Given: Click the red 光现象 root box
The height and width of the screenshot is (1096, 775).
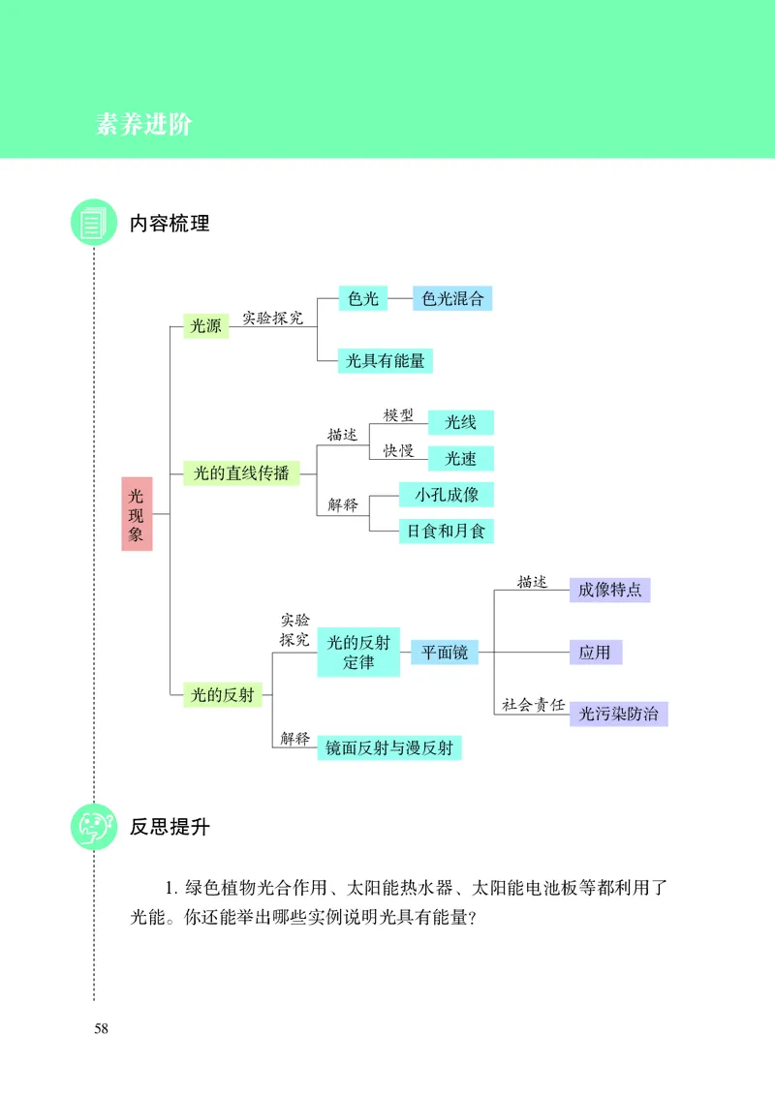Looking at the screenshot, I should coord(137,513).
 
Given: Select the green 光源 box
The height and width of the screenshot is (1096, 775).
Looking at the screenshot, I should coord(205,326).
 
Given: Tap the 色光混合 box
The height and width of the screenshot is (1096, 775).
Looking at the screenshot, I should coord(452,298).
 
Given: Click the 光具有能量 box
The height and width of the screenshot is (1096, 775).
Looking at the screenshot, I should coord(386,360).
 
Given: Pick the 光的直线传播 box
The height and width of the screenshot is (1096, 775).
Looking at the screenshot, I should coord(241,473).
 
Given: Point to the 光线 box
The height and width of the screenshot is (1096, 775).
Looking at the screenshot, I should coord(460,422).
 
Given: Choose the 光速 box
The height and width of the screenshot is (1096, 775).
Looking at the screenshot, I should coord(460,459).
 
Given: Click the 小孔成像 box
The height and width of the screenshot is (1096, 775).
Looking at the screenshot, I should coord(447,494).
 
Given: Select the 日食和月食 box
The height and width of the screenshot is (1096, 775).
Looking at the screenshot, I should coord(447,531).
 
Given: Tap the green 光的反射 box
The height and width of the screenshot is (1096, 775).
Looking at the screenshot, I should coord(223,694).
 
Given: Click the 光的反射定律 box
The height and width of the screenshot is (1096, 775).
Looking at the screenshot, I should coord(358,652).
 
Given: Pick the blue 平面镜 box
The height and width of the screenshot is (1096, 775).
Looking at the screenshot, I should coord(445,652).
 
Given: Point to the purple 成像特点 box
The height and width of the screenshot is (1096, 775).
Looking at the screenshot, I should coord(609,590).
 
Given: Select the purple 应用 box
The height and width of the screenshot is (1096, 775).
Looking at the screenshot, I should coord(595,652).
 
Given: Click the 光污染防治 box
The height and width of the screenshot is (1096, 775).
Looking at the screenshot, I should coord(618,714).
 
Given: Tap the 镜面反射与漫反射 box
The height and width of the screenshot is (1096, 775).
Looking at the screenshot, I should coord(388,747).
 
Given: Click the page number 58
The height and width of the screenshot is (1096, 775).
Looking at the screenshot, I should coord(101,1028).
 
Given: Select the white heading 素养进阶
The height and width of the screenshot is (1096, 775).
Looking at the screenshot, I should coord(144,125).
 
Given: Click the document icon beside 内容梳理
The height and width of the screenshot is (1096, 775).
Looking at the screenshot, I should coord(93,224).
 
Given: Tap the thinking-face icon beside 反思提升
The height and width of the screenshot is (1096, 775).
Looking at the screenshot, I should coord(93,827).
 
